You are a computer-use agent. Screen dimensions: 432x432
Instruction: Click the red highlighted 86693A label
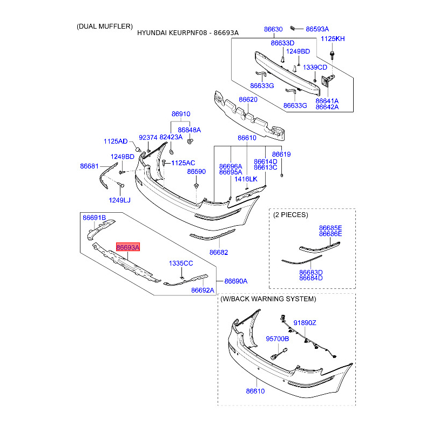[127, 247]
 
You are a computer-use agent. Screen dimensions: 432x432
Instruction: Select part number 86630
[273, 29]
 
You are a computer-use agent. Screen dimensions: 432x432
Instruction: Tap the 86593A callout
[317, 29]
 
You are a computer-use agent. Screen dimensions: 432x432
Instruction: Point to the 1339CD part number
[315, 67]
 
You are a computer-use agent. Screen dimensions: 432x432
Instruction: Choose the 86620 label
[248, 100]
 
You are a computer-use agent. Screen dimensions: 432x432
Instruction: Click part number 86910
[181, 114]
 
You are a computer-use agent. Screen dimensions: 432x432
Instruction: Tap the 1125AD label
[116, 141]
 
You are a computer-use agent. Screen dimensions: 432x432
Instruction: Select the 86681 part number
[90, 166]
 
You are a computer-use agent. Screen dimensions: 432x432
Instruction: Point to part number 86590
[197, 171]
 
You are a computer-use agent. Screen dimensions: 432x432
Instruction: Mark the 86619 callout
[281, 154]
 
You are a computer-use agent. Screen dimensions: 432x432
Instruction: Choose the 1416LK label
[246, 179]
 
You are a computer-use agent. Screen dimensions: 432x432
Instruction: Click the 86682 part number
[219, 252]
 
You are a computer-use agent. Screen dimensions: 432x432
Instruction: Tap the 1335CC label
[180, 263]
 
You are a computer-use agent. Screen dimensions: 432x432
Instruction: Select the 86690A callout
[236, 281]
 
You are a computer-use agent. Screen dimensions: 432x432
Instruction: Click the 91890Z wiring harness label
[305, 323]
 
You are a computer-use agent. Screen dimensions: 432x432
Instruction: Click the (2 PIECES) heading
[291, 214]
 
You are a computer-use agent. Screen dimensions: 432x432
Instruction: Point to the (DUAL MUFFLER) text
[104, 26]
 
